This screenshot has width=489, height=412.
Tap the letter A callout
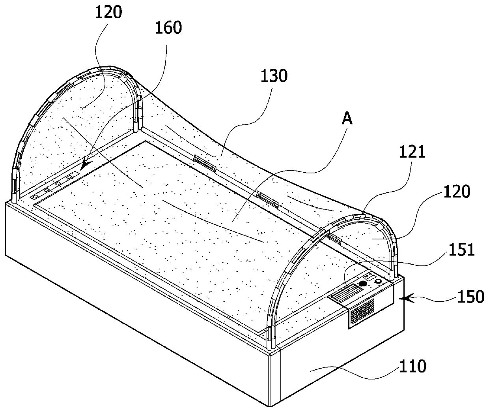pos(347,119)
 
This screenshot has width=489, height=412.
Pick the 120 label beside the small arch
pos(458,192)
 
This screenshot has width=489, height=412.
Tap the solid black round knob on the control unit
pos(362,284)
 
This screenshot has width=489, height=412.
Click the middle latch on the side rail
pos(268,199)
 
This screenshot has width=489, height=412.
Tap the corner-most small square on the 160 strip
pos(34,196)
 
